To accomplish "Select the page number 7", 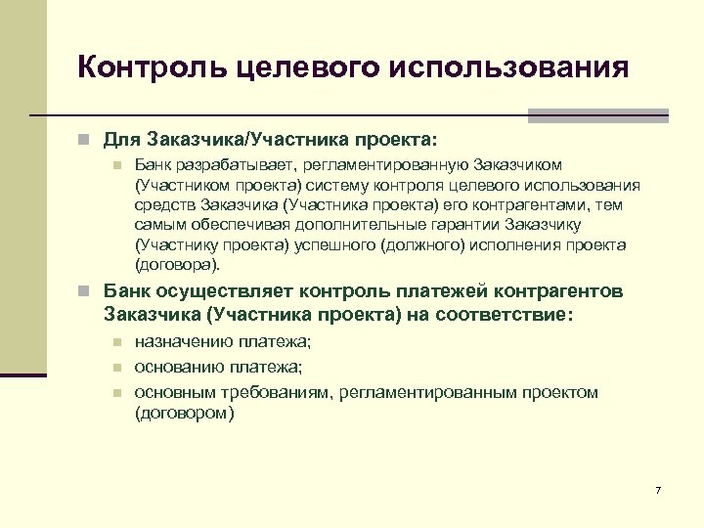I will tap(658, 489).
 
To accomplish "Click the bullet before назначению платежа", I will tap(115, 342).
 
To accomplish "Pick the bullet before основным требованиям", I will tap(115, 392).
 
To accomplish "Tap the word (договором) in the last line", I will tap(184, 413).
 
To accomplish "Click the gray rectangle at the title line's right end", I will tap(597, 115).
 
